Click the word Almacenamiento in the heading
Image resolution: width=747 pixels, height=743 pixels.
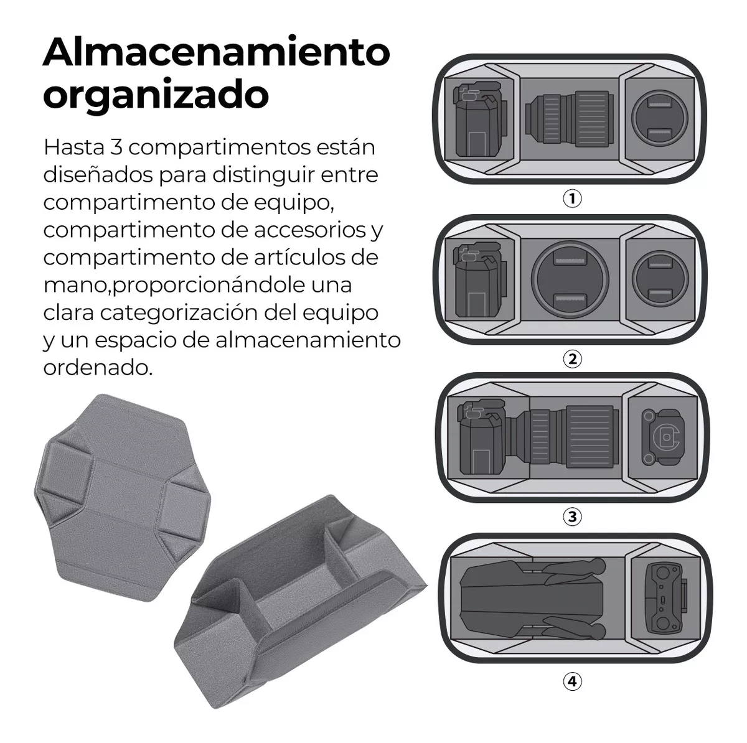(x=216, y=52)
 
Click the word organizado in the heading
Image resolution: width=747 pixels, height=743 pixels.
(x=156, y=95)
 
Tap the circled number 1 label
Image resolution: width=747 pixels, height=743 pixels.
(x=571, y=199)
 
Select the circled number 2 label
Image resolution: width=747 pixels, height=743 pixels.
(x=571, y=359)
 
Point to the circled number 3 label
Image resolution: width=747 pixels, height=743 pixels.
(x=571, y=516)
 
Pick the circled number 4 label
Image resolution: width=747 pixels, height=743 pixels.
(x=571, y=681)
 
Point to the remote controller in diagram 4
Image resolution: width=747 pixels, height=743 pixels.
(x=665, y=596)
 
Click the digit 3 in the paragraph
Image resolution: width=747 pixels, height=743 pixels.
(x=116, y=148)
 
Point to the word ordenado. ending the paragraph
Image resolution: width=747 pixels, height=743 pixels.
(x=97, y=367)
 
